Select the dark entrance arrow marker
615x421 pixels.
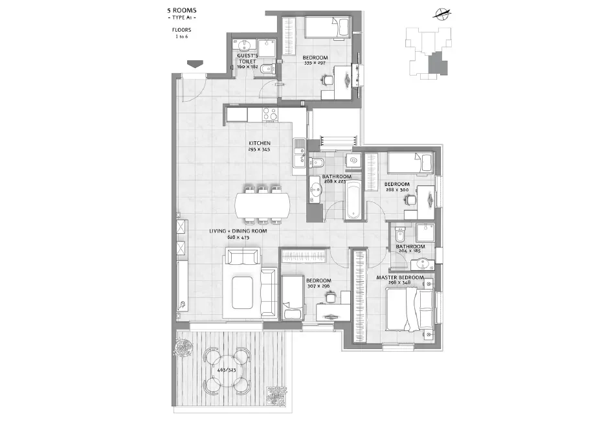(194, 63)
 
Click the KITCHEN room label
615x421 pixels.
(260, 143)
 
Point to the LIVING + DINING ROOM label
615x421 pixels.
(238, 231)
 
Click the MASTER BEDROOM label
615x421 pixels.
(400, 278)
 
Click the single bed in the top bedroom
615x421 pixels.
(326, 28)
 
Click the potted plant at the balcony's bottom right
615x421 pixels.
(276, 393)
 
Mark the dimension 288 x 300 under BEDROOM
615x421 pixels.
(397, 190)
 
